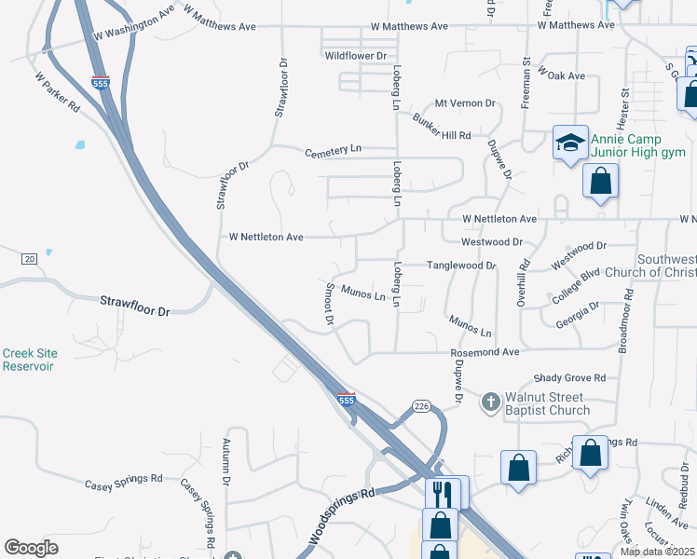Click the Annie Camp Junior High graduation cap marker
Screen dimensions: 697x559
tap(570, 143)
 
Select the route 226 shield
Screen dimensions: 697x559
tap(421, 405)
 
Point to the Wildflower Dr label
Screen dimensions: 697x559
tap(355, 56)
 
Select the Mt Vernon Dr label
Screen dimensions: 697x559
tap(465, 104)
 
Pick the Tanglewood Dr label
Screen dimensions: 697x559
tap(461, 266)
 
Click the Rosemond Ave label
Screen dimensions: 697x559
tap(485, 353)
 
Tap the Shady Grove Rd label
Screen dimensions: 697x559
tap(569, 378)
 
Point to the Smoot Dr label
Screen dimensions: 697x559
tap(329, 304)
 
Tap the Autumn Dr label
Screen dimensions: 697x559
tap(225, 463)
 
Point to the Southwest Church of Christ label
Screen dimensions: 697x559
tap(650, 266)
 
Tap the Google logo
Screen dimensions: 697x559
tap(31, 547)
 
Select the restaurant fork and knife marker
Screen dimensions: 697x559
tap(442, 493)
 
